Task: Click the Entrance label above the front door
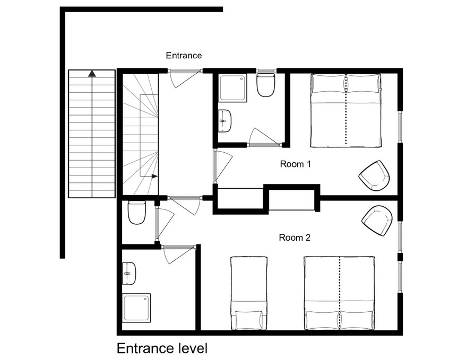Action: pos(184,56)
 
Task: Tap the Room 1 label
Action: pos(296,164)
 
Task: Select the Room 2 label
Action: pos(295,238)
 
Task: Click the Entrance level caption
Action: pos(162,348)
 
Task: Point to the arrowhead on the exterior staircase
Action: pos(92,73)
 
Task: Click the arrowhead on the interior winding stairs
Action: pos(154,177)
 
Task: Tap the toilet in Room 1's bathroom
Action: pos(265,85)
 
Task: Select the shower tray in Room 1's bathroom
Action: pos(234,88)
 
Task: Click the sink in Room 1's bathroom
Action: pos(225,121)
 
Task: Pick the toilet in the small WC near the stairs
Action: pos(137,213)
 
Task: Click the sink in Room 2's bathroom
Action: pos(130,274)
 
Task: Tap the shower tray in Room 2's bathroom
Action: pos(137,308)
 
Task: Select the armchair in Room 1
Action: pos(375,175)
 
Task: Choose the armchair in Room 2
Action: pos(377,221)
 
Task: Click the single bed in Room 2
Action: pos(249,293)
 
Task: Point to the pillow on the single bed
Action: pos(249,320)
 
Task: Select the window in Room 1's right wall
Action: pos(400,127)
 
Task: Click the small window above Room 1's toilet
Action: pos(266,71)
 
